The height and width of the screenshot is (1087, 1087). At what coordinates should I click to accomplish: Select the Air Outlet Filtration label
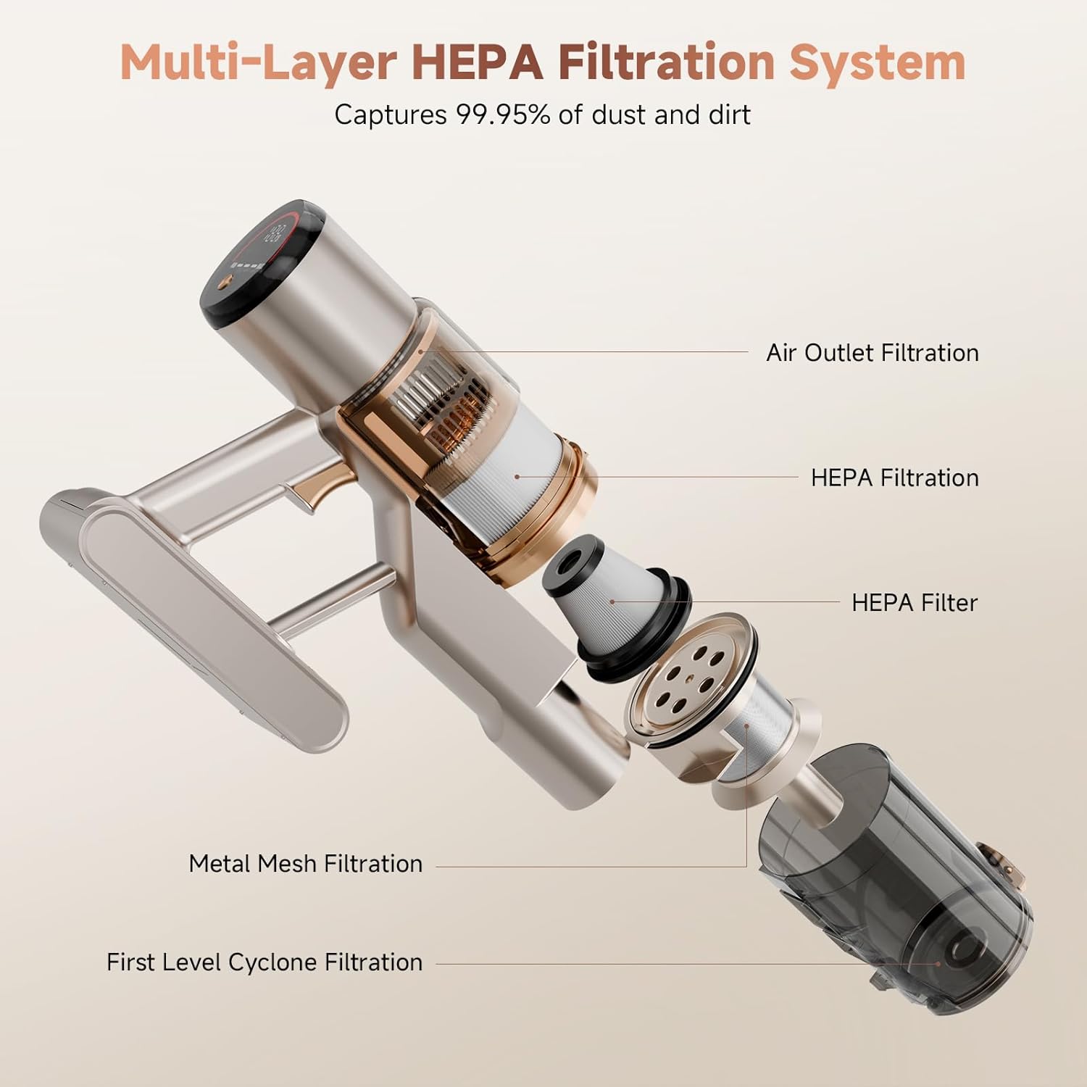[872, 353]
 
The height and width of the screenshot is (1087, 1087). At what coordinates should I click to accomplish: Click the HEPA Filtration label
[895, 478]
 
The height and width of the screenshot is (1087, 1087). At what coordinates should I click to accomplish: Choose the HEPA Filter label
[915, 602]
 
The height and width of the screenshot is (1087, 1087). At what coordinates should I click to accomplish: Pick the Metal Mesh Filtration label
[305, 863]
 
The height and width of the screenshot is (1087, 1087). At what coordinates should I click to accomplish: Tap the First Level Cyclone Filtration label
[265, 962]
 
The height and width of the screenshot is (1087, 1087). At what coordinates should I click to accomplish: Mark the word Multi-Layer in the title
[258, 63]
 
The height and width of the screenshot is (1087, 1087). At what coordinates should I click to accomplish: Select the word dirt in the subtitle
[729, 114]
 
